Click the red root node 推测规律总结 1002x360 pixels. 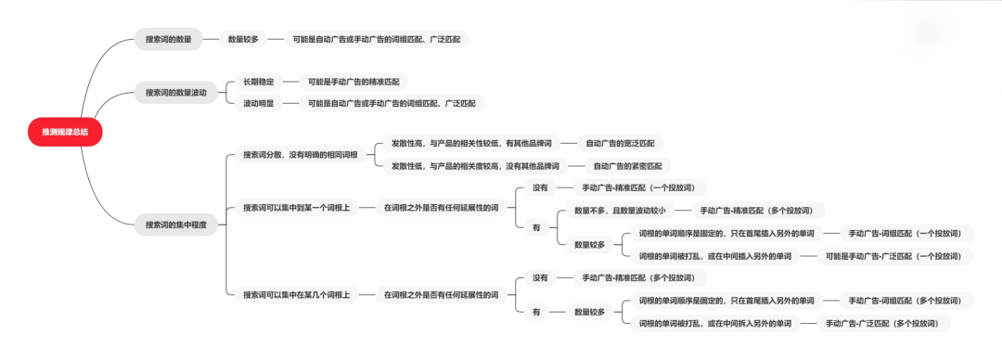point(65,133)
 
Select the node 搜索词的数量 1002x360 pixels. point(169,39)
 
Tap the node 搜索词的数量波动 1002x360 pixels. point(176,92)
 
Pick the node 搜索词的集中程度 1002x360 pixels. point(176,225)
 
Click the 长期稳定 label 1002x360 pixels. point(259,82)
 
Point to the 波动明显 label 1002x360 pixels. point(259,103)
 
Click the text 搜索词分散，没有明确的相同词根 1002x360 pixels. point(300,154)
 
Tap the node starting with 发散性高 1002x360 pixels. point(470,143)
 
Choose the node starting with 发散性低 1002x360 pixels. point(475,166)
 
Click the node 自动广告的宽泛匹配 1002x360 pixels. point(619,143)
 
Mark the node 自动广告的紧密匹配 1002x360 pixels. point(627,166)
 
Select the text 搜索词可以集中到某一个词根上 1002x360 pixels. point(297,207)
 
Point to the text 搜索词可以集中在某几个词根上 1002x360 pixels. point(297,294)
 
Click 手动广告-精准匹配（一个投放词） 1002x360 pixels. point(638,186)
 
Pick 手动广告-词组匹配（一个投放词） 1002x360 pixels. point(905,233)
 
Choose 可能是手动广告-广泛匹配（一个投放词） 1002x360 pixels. point(893,255)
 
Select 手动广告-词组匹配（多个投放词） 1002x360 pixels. point(905,300)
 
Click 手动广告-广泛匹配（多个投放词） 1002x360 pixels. point(882,323)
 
